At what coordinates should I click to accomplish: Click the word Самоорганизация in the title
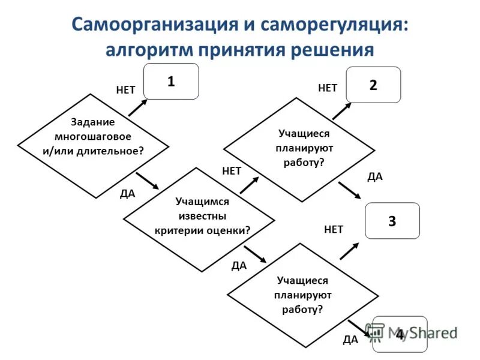click(155, 25)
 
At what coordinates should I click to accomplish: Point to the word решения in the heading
click(332, 50)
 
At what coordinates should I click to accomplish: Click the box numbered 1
click(171, 82)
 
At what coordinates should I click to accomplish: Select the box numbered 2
click(373, 85)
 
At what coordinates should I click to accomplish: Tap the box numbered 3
click(392, 221)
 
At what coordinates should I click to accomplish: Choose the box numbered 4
click(400, 334)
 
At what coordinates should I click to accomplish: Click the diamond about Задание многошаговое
click(93, 137)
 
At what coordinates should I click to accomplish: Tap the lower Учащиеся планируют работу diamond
click(303, 295)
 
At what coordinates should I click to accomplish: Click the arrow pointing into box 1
click(137, 107)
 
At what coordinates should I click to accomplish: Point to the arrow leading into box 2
click(342, 110)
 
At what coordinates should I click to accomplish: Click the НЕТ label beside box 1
click(125, 90)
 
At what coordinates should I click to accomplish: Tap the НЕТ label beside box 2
click(328, 88)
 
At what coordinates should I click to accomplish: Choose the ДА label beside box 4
click(350, 340)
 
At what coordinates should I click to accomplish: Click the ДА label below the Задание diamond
click(127, 193)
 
